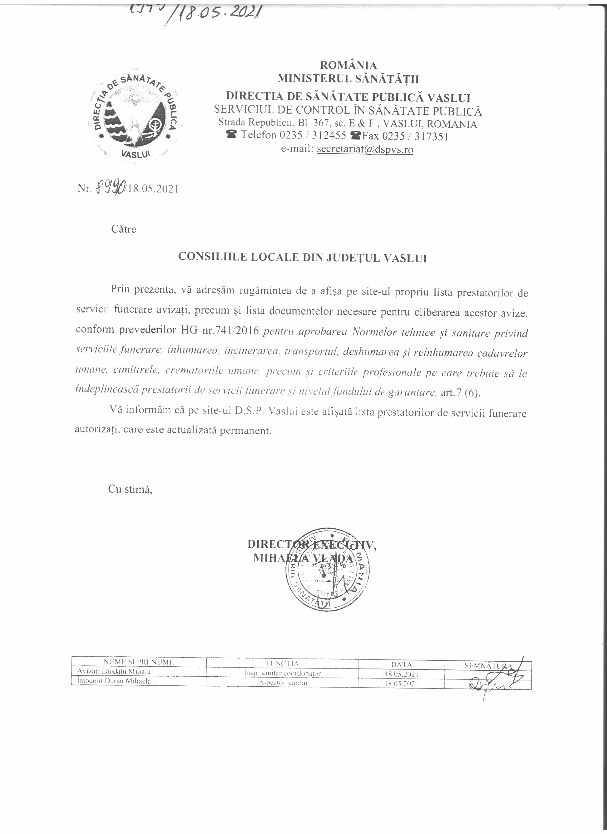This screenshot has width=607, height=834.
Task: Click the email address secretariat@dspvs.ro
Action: [365, 149]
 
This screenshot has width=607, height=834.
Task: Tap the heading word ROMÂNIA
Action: [348, 65]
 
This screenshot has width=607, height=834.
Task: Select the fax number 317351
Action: [431, 137]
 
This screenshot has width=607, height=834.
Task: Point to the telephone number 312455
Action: [329, 136]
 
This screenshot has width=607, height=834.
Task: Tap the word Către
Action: [124, 229]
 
